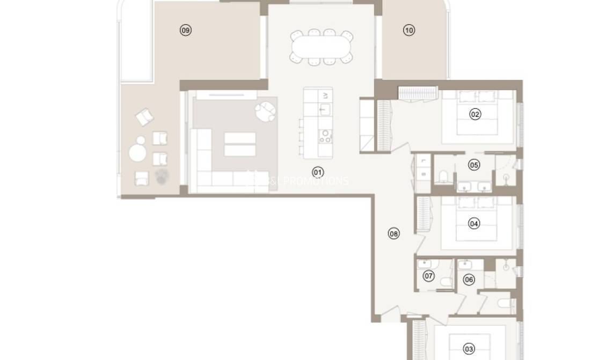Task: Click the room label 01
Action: [318, 172]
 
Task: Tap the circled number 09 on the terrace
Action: [185, 31]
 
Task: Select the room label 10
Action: [409, 31]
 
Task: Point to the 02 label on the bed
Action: [475, 114]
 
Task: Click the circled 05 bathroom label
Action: [474, 165]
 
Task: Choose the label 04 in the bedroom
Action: [474, 223]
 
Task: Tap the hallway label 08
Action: [394, 233]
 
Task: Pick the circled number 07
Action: [428, 276]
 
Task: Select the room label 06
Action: [469, 279]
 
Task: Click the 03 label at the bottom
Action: [469, 349]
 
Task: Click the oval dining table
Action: [321, 47]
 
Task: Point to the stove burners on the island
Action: [325, 136]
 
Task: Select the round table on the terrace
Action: [138, 153]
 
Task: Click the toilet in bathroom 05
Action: [444, 177]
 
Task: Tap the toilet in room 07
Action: [444, 283]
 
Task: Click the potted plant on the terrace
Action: [161, 177]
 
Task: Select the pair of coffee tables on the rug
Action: [240, 144]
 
